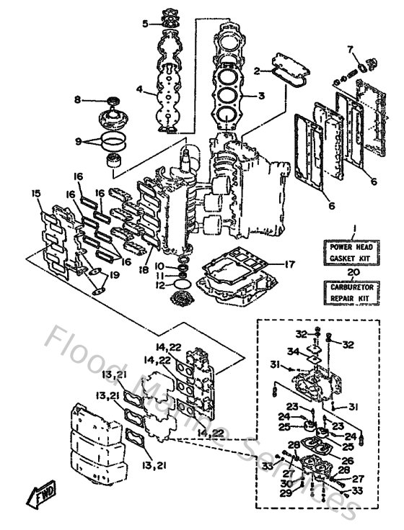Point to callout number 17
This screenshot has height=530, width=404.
coord(289,264)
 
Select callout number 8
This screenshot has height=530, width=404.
coord(78,101)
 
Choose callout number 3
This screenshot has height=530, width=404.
coord(262,95)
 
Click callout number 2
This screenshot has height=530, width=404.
coord(256,71)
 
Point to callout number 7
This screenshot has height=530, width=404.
coord(351,50)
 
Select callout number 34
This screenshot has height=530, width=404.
coord(292,351)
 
